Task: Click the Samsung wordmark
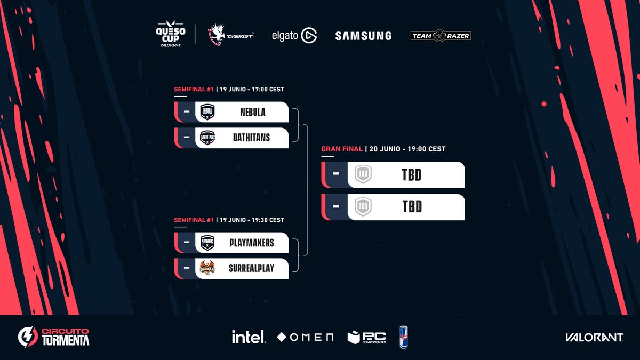pyautogui.click(x=363, y=36)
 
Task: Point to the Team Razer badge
pyautogui.click(x=440, y=36)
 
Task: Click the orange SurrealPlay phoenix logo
pyautogui.click(x=207, y=268)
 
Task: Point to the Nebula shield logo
pyautogui.click(x=207, y=113)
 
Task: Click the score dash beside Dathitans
pyautogui.click(x=186, y=138)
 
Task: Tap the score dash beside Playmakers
pyautogui.click(x=186, y=243)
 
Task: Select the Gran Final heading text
pyautogui.click(x=342, y=149)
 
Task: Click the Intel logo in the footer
pyautogui.click(x=249, y=337)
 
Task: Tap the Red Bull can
pyautogui.click(x=403, y=337)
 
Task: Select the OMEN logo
pyautogui.click(x=306, y=337)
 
